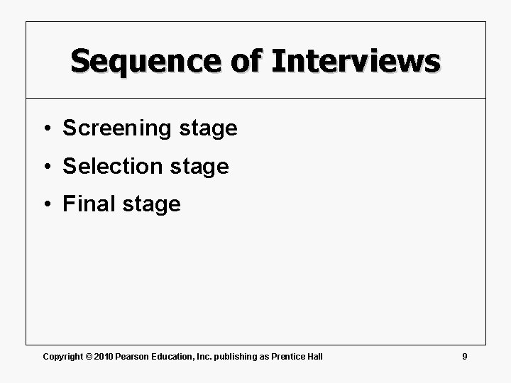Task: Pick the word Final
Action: coord(89,204)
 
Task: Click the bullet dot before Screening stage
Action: coord(45,129)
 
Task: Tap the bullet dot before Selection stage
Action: coord(45,167)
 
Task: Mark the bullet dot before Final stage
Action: coord(45,205)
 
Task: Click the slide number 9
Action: coord(464,355)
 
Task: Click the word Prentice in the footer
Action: coord(287,356)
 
